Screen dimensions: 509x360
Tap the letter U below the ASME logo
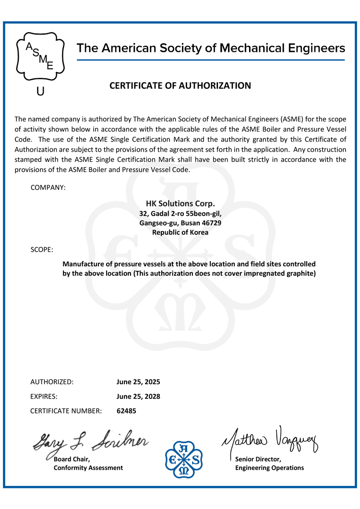click(x=40, y=91)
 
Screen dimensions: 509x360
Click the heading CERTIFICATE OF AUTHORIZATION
click(x=180, y=86)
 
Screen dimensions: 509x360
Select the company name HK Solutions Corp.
click(x=180, y=203)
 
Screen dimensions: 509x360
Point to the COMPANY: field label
click(x=48, y=187)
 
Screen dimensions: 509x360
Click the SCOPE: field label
click(x=42, y=250)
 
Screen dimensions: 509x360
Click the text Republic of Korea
click(x=180, y=232)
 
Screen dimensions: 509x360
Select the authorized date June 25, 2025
click(x=138, y=382)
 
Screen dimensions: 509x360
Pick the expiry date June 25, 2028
click(x=138, y=397)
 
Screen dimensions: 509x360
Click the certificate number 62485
click(x=126, y=411)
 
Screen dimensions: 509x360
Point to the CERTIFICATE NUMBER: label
click(x=66, y=411)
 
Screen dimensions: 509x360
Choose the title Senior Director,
click(x=258, y=460)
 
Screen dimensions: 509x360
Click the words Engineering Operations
click(x=269, y=468)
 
